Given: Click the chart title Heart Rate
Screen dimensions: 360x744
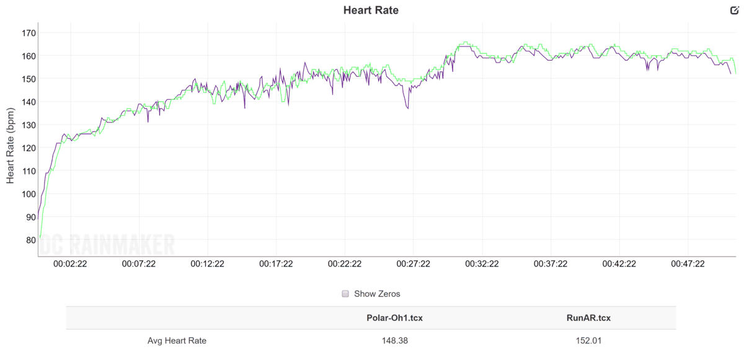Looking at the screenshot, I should (x=371, y=10).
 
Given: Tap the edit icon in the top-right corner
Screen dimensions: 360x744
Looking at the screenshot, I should (x=735, y=11).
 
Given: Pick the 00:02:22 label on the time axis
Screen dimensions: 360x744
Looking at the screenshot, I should (x=69, y=263).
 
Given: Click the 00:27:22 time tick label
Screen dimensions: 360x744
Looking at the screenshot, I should (x=414, y=263).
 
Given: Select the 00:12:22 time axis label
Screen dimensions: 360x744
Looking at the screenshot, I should (x=207, y=263).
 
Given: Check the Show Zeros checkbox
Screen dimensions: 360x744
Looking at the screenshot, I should (x=345, y=294).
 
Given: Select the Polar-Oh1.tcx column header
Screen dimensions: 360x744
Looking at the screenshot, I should (x=395, y=318).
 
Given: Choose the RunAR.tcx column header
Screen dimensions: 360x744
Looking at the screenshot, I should (x=588, y=318).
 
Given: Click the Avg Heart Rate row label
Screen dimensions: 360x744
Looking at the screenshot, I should (x=177, y=340).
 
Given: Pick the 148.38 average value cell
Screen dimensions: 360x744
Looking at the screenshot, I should (x=395, y=340).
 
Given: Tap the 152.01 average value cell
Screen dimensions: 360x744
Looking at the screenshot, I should (x=588, y=340).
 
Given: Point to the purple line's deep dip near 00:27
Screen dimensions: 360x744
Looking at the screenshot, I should (x=407, y=108).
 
